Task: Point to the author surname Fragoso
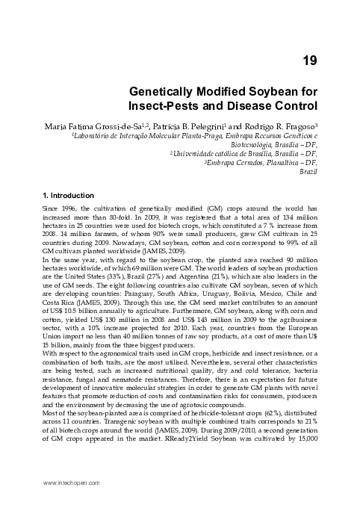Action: [x=295, y=124]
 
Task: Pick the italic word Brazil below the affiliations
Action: [x=308, y=171]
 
